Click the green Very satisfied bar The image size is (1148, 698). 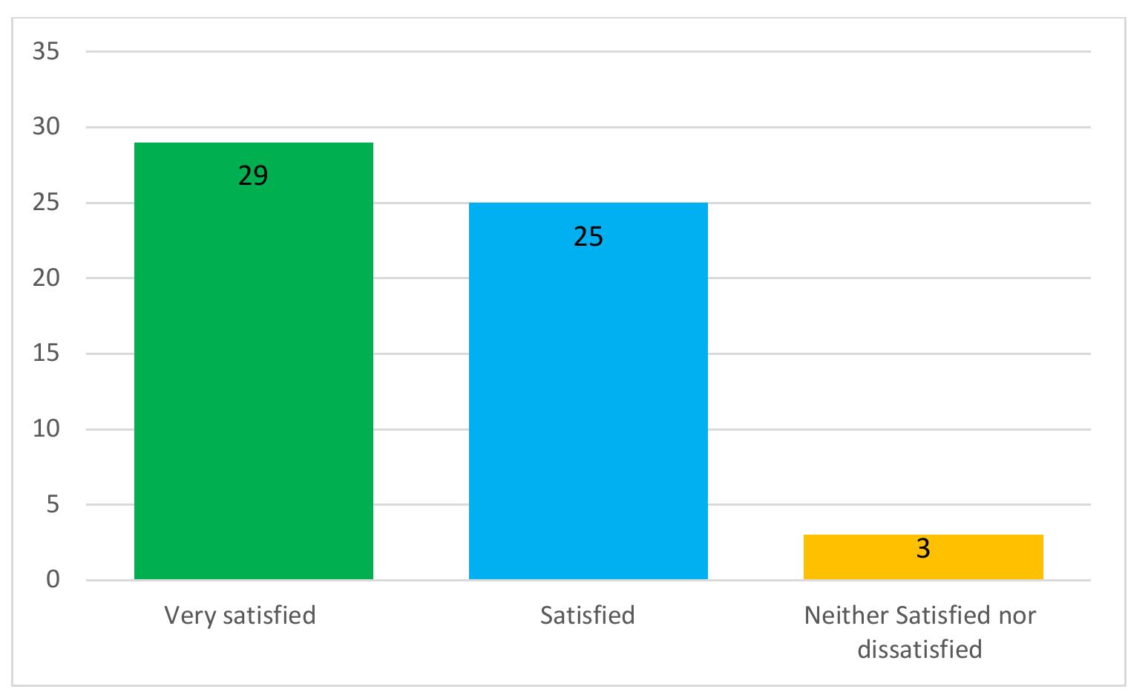point(253,371)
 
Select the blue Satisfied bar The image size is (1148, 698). point(588,401)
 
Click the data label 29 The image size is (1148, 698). point(253,176)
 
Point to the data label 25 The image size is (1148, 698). point(588,237)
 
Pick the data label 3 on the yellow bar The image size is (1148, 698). point(922,549)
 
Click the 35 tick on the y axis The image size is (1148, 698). point(46,52)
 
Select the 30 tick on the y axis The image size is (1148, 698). point(46,127)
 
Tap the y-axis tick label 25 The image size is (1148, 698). point(46,203)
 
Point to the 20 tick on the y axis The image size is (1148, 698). point(46,278)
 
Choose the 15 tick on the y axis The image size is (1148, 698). point(46,353)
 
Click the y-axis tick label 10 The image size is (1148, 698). point(46,429)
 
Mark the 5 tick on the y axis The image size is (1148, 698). point(53,505)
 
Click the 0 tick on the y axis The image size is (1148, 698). point(53,580)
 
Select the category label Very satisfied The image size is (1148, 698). point(240,616)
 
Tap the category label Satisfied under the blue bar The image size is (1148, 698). point(587,616)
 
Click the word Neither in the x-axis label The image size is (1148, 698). point(847,616)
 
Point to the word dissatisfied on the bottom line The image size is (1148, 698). point(919,649)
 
